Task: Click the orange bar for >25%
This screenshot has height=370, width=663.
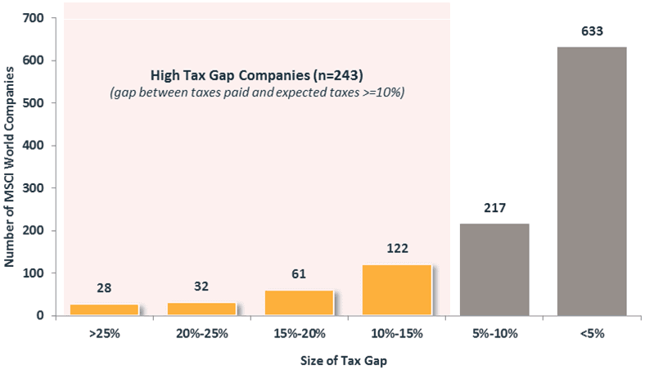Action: click(x=104, y=309)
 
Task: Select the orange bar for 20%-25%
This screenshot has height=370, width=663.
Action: click(x=201, y=309)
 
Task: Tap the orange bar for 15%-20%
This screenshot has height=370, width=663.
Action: click(x=299, y=303)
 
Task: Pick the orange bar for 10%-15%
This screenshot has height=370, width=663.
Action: click(x=397, y=290)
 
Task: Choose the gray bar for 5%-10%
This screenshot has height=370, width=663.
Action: click(x=494, y=269)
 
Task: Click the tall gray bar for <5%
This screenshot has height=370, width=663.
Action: click(x=592, y=181)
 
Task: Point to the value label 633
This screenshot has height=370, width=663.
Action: click(x=592, y=32)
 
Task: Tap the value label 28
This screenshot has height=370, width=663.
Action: click(x=104, y=288)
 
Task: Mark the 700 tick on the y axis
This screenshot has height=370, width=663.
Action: click(x=37, y=18)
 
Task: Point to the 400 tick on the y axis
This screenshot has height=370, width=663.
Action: click(x=37, y=146)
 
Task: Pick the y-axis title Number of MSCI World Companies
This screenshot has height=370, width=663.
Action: click(x=11, y=166)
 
